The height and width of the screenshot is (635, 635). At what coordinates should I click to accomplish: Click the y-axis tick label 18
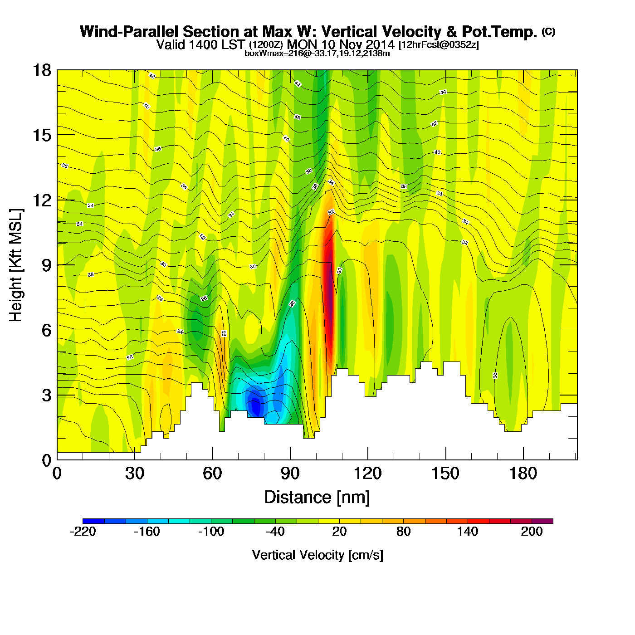[x=41, y=70]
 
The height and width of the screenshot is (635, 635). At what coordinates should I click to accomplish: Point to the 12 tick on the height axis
[x=41, y=200]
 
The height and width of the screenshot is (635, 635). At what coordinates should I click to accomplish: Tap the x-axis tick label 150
[x=445, y=474]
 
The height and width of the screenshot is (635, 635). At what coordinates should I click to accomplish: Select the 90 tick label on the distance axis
[x=290, y=474]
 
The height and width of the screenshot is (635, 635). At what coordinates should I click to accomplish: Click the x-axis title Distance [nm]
[x=317, y=497]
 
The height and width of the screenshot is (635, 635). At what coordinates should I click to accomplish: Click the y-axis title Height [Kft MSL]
[x=16, y=265]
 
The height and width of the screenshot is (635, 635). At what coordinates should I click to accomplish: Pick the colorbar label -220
[x=83, y=532]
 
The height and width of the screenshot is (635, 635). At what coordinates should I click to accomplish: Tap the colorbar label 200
[x=532, y=532]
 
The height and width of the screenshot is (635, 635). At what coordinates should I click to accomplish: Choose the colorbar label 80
[x=403, y=532]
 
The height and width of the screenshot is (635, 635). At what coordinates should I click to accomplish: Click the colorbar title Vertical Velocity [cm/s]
[x=317, y=555]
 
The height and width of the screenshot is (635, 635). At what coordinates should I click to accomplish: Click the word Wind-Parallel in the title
[x=129, y=32]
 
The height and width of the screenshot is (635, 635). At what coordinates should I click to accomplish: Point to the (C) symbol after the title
[x=548, y=31]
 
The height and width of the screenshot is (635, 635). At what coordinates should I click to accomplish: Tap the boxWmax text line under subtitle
[x=317, y=54]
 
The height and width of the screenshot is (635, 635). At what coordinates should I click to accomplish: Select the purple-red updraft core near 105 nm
[x=330, y=299]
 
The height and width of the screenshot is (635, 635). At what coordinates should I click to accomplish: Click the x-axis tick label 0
[x=57, y=474]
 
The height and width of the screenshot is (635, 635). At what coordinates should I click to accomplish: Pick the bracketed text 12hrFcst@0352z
[x=438, y=45]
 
